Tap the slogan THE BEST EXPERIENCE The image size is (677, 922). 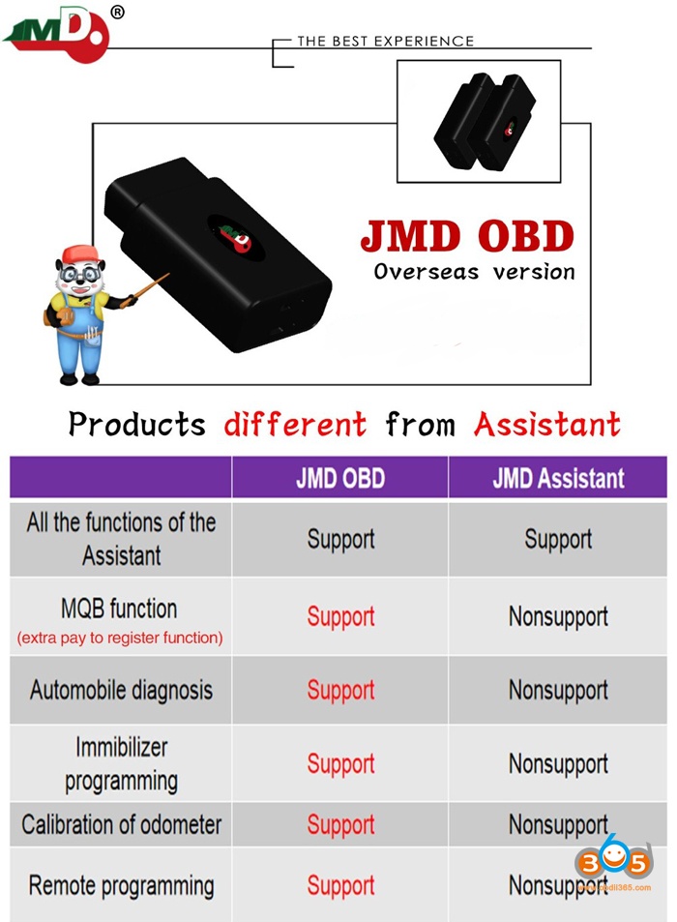pos(385,42)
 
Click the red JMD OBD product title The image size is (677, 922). pos(467,235)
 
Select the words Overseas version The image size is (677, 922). pos(474,271)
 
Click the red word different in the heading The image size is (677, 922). pos(295,424)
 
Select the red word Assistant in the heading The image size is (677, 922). pos(546,424)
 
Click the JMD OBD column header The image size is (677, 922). pos(340,478)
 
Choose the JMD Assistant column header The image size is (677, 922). pos(558,478)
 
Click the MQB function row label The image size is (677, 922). pos(119,610)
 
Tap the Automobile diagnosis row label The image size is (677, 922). pos(121,691)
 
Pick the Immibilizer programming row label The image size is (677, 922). pos(121,763)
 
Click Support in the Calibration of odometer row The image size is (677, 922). pos(340,825)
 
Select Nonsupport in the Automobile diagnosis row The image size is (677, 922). pos(558,691)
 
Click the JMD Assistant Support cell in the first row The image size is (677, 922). pos(558,539)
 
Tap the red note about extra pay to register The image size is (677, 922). pos(119,638)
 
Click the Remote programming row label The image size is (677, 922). pos(121,885)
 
